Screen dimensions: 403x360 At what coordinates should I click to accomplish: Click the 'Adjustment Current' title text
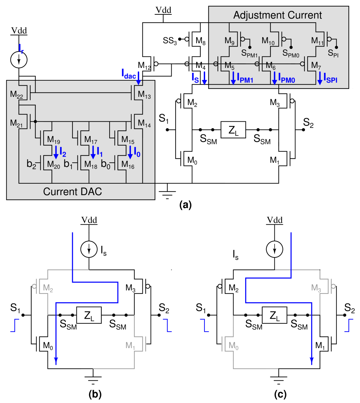pyautogui.click(x=278, y=15)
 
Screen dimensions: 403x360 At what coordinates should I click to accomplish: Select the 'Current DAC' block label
pyautogui.click(x=73, y=191)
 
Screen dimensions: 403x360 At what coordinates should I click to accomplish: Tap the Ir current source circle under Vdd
pyautogui.click(x=19, y=59)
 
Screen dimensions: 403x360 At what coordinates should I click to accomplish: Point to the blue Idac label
pyautogui.click(x=129, y=75)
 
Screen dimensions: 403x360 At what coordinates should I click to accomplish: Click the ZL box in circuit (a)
pyautogui.click(x=233, y=130)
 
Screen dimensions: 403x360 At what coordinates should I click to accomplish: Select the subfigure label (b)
pyautogui.click(x=95, y=394)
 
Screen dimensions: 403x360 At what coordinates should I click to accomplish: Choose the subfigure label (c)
pyautogui.click(x=280, y=394)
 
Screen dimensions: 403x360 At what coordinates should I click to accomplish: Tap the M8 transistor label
pyautogui.click(x=201, y=41)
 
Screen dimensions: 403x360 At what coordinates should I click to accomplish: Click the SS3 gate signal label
pyautogui.click(x=170, y=41)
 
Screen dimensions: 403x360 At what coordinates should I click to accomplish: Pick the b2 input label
pyautogui.click(x=31, y=164)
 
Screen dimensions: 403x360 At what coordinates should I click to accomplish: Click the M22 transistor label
pyautogui.click(x=16, y=94)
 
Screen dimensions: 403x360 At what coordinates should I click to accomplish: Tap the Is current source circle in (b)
pyautogui.click(x=89, y=249)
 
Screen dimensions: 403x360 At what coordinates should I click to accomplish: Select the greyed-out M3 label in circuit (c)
pyautogui.click(x=316, y=288)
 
